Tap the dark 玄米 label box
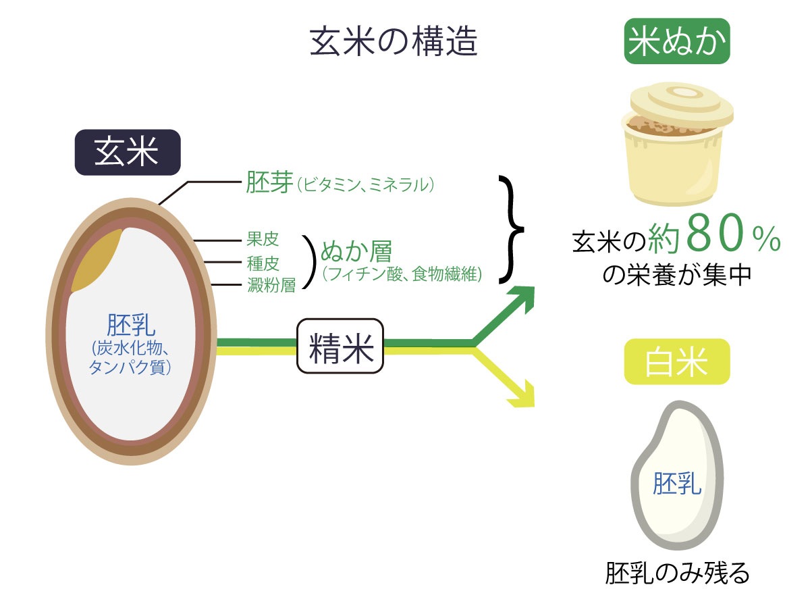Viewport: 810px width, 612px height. click(x=127, y=153)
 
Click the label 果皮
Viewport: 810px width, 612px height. click(x=263, y=240)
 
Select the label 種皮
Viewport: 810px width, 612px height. click(x=263, y=262)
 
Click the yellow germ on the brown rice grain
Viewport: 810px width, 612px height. click(x=97, y=261)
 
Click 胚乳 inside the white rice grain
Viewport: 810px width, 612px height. click(x=677, y=484)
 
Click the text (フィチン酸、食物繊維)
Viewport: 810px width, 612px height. click(x=402, y=274)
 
